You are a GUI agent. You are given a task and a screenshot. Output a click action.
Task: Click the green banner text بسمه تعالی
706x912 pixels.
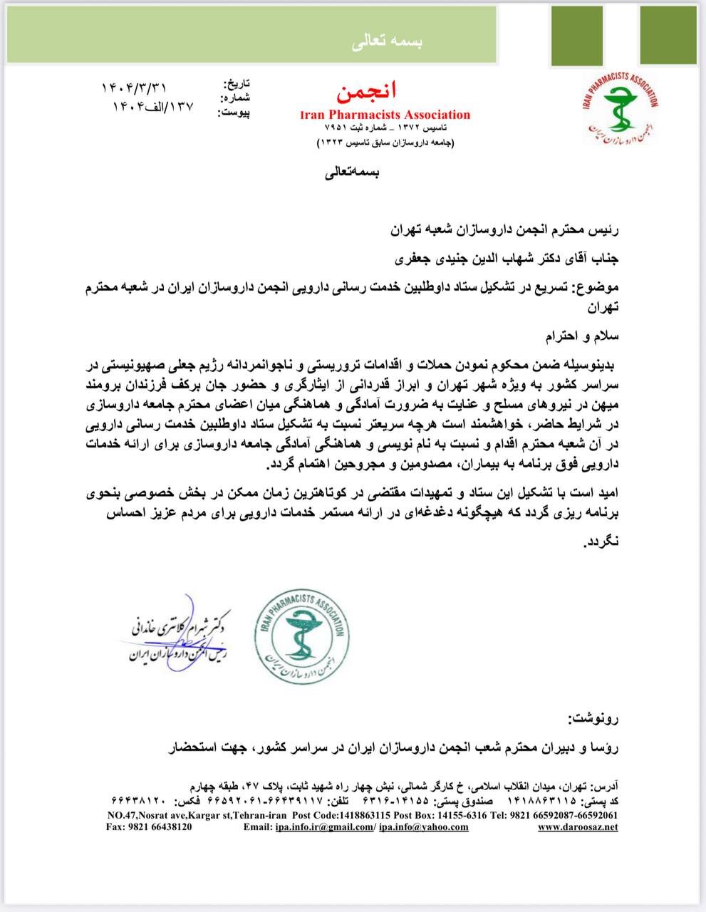(x=387, y=42)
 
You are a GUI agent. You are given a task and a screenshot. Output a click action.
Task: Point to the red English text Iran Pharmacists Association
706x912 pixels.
(x=385, y=115)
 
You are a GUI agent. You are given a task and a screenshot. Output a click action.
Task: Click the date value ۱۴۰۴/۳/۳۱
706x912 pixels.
(x=134, y=88)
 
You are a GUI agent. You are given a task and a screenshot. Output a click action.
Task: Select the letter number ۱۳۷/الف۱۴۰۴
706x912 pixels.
(x=152, y=108)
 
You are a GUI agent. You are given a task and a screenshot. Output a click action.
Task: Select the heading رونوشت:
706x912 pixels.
(x=594, y=717)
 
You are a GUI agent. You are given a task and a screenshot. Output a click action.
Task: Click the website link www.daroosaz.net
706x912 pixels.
(x=577, y=827)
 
